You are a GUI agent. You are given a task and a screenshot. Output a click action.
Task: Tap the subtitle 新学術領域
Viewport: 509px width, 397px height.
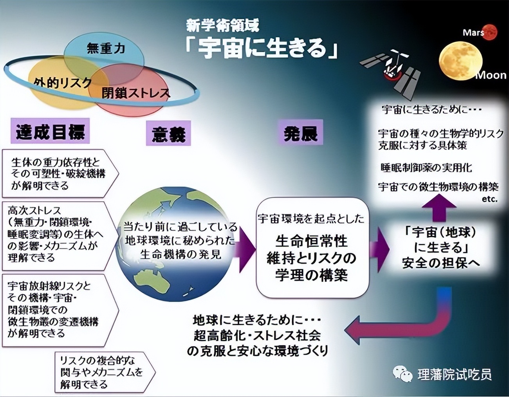point(222,26)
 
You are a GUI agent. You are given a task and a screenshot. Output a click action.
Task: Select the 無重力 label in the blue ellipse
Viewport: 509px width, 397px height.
point(105,48)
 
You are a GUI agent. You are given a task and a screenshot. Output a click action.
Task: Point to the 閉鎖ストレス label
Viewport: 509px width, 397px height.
point(136,93)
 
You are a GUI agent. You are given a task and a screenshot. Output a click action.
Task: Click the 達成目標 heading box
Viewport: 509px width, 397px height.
point(50,131)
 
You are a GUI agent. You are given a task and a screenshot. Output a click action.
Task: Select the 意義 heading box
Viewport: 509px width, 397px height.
point(168,134)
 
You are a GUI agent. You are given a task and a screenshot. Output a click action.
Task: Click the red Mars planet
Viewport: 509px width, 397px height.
point(489,32)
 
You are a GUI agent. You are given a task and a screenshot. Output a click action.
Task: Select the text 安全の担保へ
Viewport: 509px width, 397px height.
point(440,263)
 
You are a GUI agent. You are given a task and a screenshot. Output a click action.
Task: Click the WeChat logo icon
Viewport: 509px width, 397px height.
point(403,374)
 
